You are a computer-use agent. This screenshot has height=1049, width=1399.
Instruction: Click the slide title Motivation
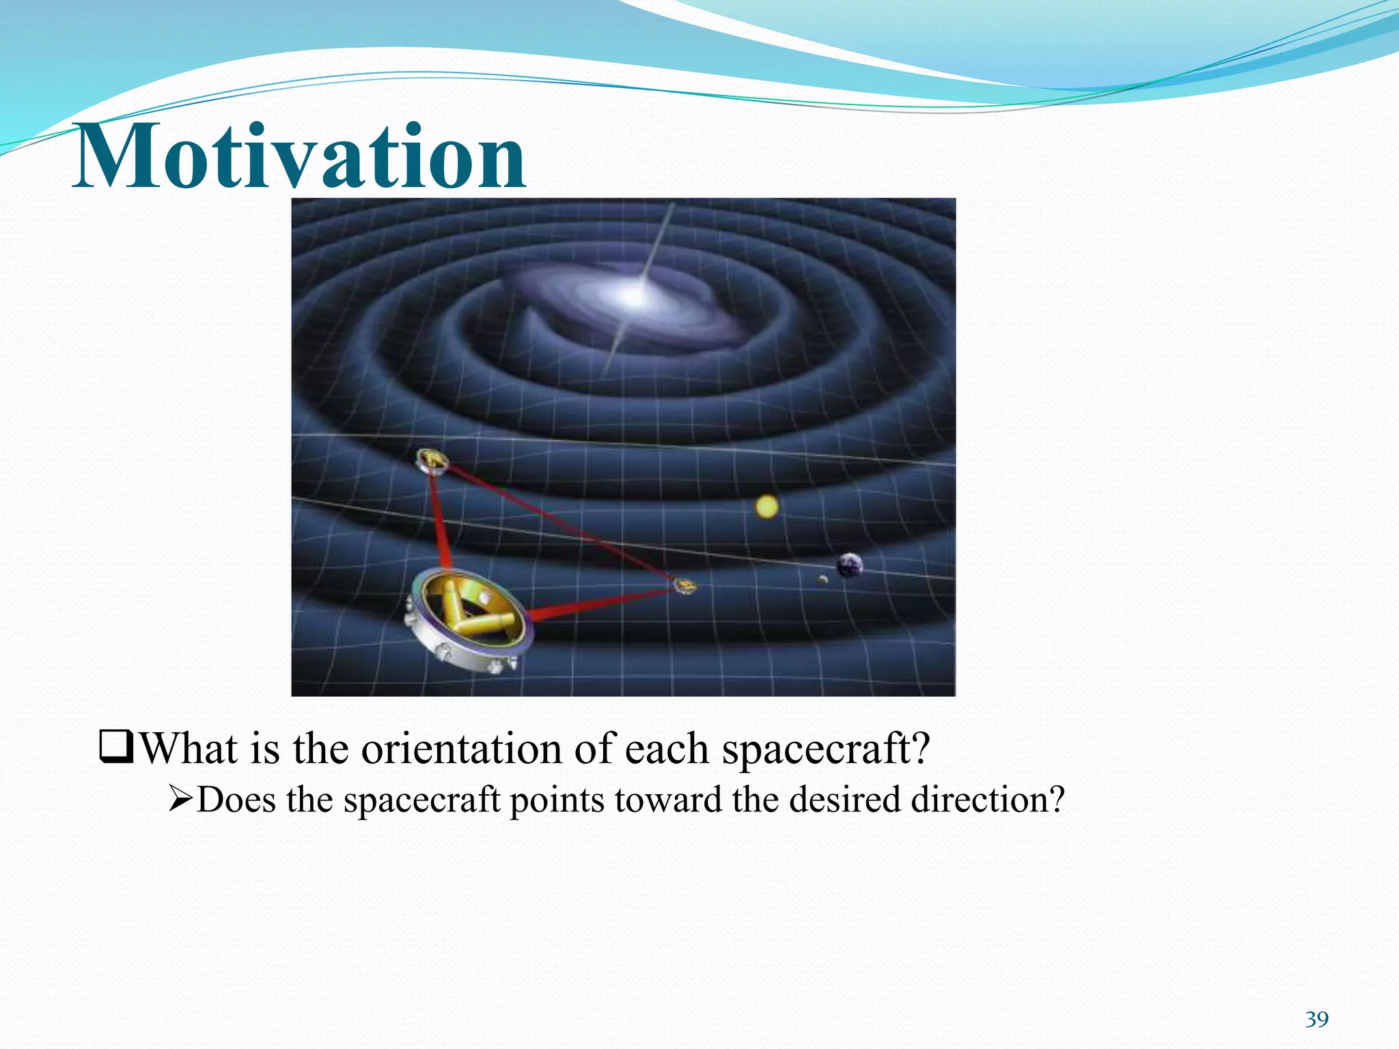pyautogui.click(x=299, y=157)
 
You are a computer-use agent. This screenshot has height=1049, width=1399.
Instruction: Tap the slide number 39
pyautogui.click(x=1316, y=1020)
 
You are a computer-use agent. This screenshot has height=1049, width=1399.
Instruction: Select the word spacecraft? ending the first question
pyautogui.click(x=826, y=749)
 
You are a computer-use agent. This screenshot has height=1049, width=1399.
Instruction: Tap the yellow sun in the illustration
pyautogui.click(x=767, y=507)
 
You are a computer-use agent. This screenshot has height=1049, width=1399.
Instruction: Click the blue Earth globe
pyautogui.click(x=849, y=565)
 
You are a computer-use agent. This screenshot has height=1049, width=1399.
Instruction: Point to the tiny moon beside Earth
pyautogui.click(x=823, y=580)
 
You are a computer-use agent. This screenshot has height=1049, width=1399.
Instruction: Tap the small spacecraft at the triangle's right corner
pyautogui.click(x=684, y=585)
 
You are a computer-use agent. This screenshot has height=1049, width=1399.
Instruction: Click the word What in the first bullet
pyautogui.click(x=189, y=749)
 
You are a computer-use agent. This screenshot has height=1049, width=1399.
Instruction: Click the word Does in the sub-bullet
pyautogui.click(x=236, y=799)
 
